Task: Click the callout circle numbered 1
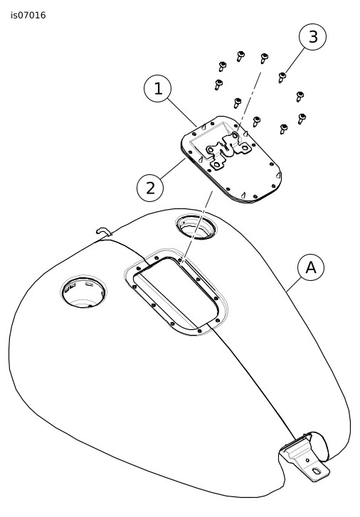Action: [x=158, y=89]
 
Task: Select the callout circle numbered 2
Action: [x=150, y=188]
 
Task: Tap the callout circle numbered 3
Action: [x=312, y=36]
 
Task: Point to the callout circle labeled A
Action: [x=311, y=267]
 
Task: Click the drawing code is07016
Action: [x=28, y=16]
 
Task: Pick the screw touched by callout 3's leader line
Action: [x=282, y=78]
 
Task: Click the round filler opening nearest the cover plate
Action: [x=196, y=227]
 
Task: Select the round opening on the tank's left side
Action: [x=83, y=292]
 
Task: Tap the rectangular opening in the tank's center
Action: [x=176, y=292]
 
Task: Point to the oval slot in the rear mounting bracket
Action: [x=317, y=471]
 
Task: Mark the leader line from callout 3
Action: [x=295, y=60]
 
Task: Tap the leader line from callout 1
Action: [x=182, y=112]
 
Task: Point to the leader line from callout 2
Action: [x=173, y=169]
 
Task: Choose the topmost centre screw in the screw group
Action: [x=240, y=56]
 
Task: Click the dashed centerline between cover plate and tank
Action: [x=198, y=228]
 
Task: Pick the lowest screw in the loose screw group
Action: [x=283, y=129]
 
